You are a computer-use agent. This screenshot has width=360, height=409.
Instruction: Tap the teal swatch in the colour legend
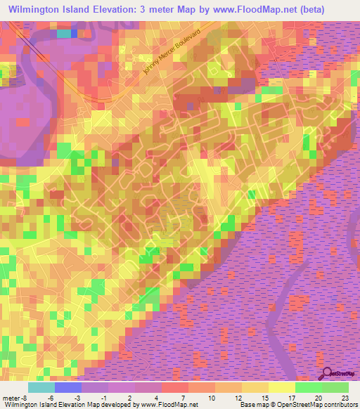pos(41,388)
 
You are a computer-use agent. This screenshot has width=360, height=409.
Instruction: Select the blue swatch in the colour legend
pos(67,388)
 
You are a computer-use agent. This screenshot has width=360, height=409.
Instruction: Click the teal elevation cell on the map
pos(63,33)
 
